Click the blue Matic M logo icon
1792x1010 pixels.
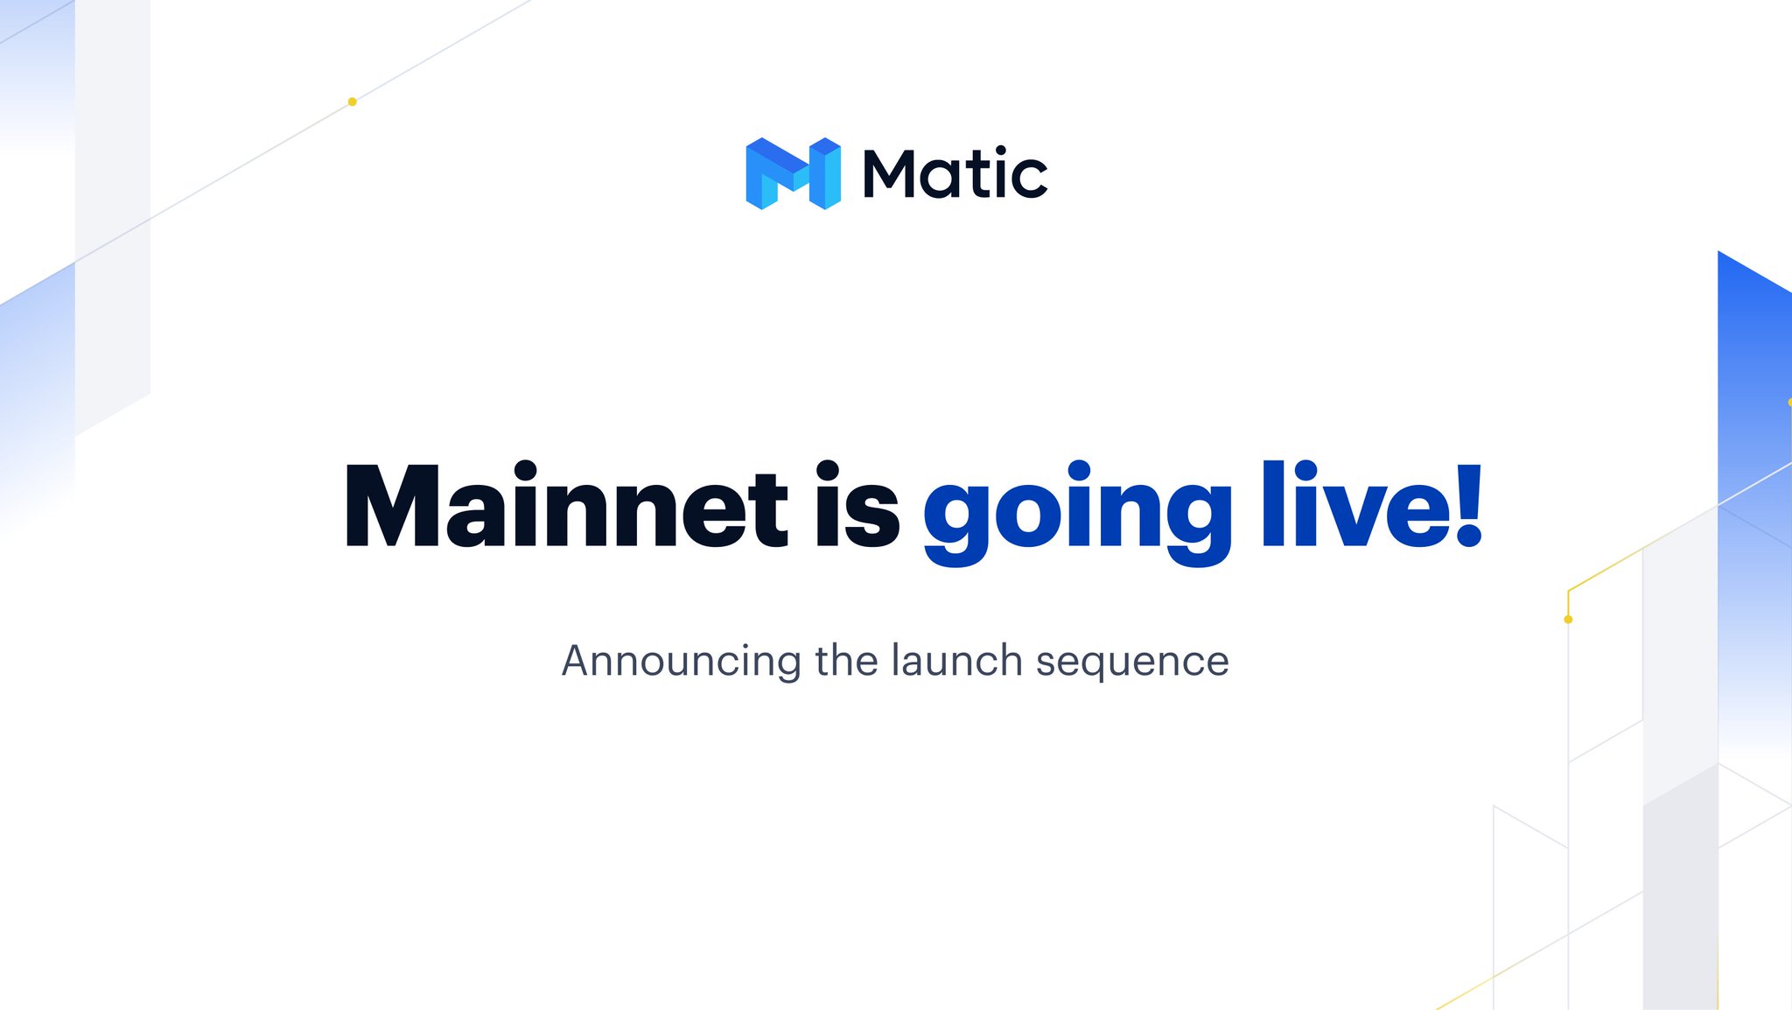pyautogui.click(x=793, y=173)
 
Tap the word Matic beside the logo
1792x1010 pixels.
pyautogui.click(x=955, y=172)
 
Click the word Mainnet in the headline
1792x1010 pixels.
pyautogui.click(x=567, y=506)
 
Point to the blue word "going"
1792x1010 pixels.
pyautogui.click(x=1077, y=513)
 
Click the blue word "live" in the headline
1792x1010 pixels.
pyautogui.click(x=1351, y=505)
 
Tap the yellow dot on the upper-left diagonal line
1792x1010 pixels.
pyautogui.click(x=352, y=102)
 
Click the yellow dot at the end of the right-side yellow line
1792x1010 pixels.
pyautogui.click(x=1568, y=620)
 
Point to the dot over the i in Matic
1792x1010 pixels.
pyautogui.click(x=1000, y=150)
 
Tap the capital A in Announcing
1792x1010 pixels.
pyautogui.click(x=581, y=661)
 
